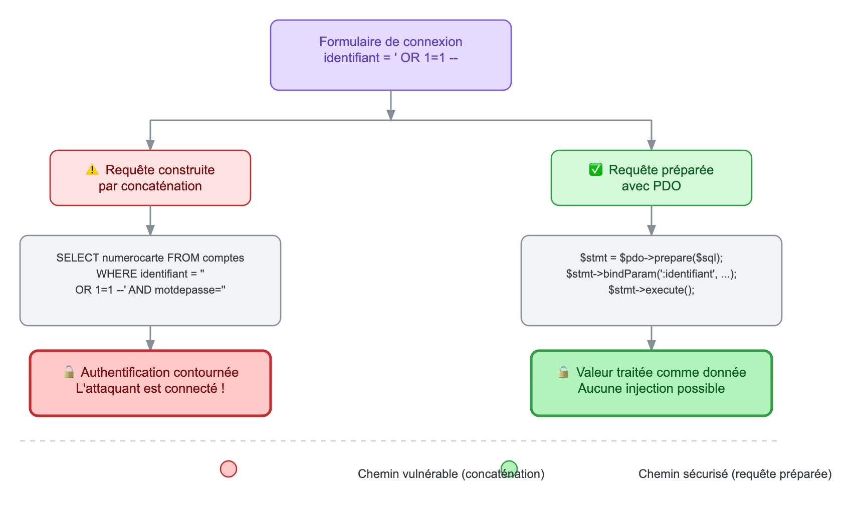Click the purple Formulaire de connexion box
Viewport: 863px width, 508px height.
coord(391,55)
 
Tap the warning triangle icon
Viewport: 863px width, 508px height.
coord(92,170)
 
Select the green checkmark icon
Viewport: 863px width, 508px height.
coord(596,170)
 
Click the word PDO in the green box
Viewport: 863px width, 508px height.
coord(666,186)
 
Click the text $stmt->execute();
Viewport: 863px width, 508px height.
coord(652,290)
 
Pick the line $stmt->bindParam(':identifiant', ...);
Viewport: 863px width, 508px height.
coord(652,274)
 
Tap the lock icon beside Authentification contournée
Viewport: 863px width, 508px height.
coord(69,372)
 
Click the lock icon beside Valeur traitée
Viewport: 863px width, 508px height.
coord(564,372)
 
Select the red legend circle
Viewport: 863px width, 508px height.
coord(229,469)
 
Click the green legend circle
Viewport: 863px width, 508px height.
coord(509,469)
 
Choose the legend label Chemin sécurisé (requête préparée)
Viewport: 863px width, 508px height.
coord(735,474)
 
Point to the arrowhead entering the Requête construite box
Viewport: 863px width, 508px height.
coord(150,145)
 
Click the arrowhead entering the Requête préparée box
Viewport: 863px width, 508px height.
coord(652,145)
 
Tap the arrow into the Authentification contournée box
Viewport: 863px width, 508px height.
coord(150,338)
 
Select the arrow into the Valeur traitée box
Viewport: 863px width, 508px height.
coord(652,338)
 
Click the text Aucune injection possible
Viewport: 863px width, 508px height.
coord(652,388)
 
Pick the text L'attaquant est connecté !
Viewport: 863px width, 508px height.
coord(150,388)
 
